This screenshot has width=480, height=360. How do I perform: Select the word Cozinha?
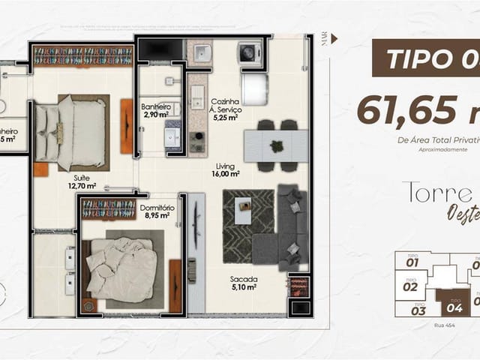click(x=225, y=101)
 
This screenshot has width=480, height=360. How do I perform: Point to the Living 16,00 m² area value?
click(x=225, y=173)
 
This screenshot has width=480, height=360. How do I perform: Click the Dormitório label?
click(x=157, y=206)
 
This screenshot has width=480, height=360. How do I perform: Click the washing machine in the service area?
click(x=247, y=52)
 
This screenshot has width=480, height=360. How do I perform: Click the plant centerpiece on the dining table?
click(x=277, y=145)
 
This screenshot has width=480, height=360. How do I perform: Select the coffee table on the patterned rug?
click(x=244, y=208)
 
